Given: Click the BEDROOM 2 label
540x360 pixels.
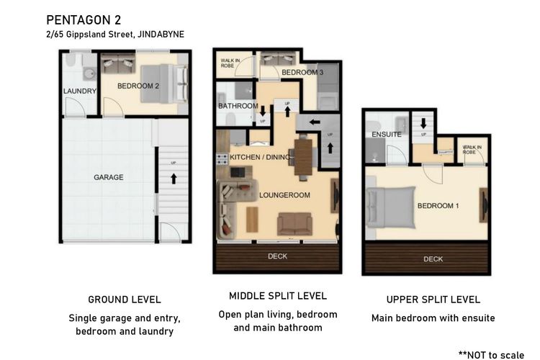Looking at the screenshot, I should pos(138,86).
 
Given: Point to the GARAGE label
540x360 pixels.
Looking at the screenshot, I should pos(108,177).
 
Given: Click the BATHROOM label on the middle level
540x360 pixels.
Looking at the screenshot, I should pos(238,107).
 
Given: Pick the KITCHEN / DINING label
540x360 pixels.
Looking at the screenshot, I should pos(256,156).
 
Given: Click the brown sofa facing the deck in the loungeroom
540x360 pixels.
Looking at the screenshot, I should pos(294,224).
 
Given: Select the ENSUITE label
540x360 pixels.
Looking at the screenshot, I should pos(386,135).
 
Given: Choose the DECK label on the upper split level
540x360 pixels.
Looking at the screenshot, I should pos(433,259).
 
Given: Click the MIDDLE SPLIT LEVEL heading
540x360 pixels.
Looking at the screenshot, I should pos(277,296).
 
